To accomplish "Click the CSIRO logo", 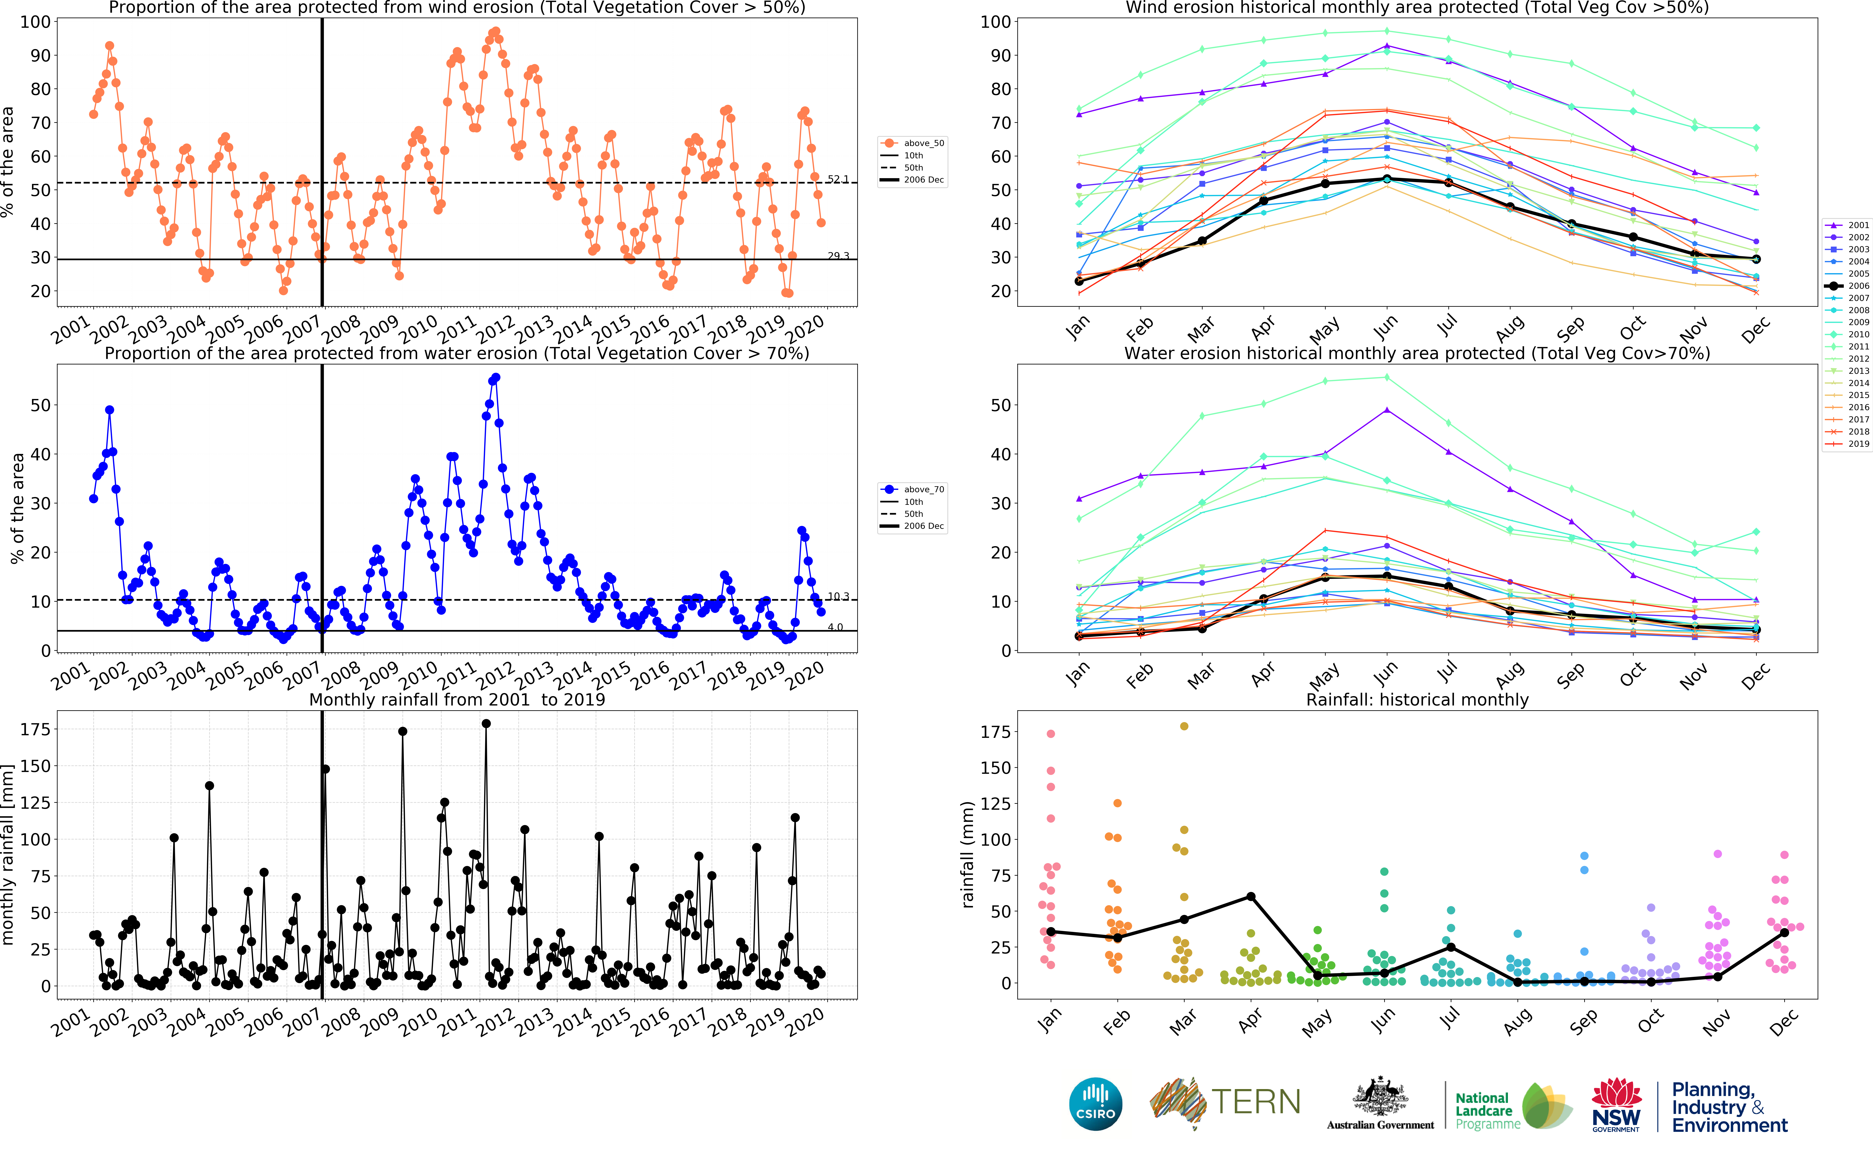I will pyautogui.click(x=1096, y=1103).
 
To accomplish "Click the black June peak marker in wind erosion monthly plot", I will pyautogui.click(x=1386, y=179).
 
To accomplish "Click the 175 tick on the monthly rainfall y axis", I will pyautogui.click(x=35, y=730).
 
